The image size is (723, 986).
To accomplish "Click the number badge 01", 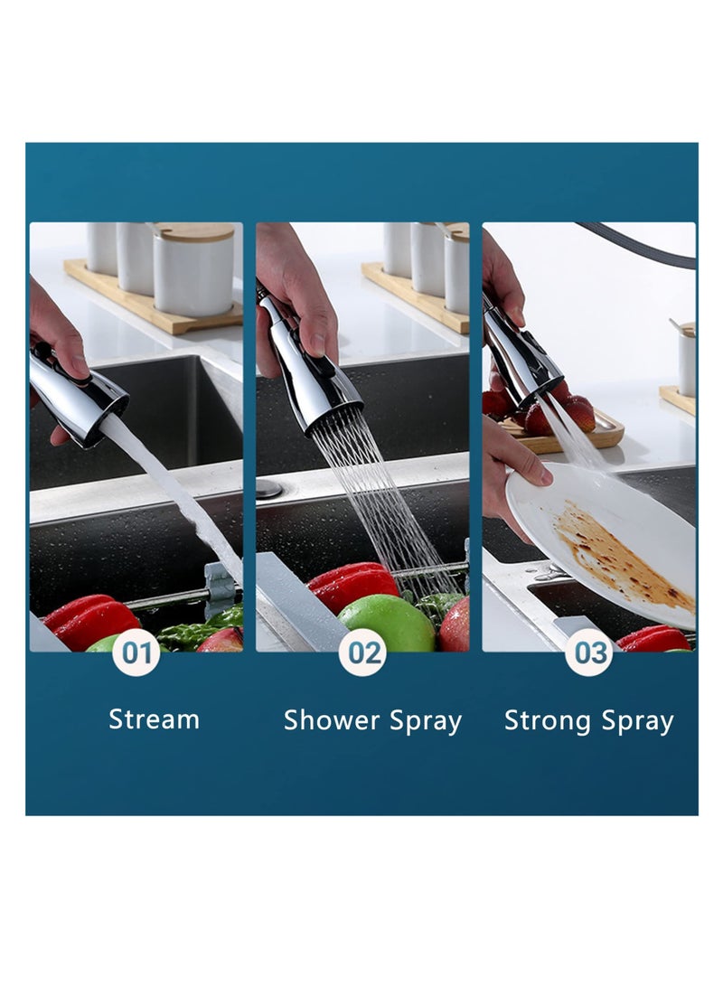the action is point(136,653).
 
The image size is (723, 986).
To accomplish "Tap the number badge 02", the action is point(362,653).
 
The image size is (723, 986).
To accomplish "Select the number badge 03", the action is point(589,653).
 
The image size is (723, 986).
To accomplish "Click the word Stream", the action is point(154,718).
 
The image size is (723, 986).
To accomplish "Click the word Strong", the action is point(547,721).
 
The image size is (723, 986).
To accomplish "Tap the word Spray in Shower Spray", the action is point(426,722).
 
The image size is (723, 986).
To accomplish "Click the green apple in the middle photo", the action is point(386,624).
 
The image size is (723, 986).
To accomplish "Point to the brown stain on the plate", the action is point(623,557).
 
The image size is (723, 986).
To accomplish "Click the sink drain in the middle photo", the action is point(269,488).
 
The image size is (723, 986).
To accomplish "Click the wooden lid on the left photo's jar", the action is point(194,232).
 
